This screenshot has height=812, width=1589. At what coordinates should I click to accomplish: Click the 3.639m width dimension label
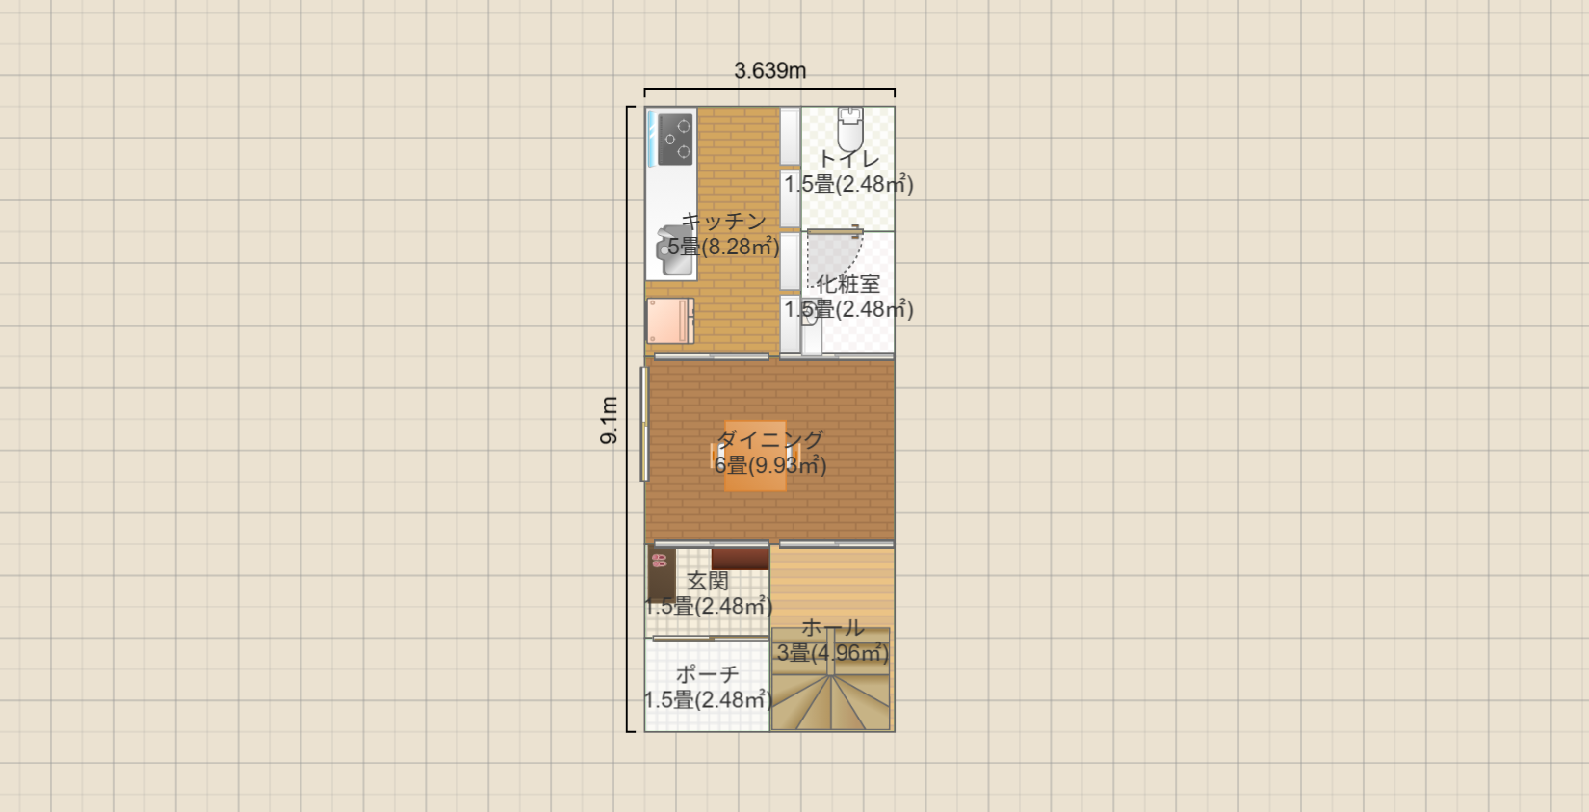pos(769,71)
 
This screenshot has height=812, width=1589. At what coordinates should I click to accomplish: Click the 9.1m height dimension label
pos(609,420)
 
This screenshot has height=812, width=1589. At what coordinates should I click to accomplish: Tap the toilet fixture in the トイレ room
pos(849,129)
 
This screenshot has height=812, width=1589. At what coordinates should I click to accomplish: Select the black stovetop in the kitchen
pos(675,139)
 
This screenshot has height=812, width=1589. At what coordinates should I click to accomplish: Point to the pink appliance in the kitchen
pos(669,321)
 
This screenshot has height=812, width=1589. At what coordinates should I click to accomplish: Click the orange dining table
pos(755,456)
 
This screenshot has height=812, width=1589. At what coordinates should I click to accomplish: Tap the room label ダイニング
pos(769,439)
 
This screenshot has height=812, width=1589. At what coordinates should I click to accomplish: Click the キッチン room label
pos(723,221)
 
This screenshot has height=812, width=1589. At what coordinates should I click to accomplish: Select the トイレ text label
pos(848,158)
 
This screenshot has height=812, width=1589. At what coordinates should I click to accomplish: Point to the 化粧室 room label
pos(848,284)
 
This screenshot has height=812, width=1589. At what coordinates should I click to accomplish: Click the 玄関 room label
pos(708,581)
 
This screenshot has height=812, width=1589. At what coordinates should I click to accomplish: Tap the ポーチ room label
pos(707,673)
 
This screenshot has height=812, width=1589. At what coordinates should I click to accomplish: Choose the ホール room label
pos(832,627)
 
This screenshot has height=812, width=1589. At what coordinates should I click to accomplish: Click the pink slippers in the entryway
pos(659,560)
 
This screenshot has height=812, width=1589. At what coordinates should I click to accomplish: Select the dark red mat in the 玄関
pos(740,559)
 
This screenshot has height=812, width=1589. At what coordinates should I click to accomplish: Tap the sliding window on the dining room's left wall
pos(644,424)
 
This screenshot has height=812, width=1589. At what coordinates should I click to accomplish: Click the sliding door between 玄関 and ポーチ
pos(711,638)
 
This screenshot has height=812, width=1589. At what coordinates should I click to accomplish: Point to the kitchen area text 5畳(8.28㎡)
pos(723,247)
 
